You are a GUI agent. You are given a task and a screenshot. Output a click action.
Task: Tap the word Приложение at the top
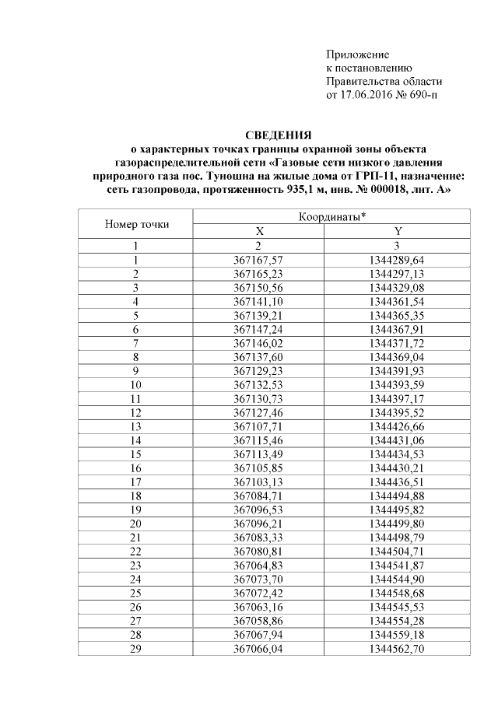click(x=357, y=55)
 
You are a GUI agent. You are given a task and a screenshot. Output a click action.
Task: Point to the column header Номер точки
click(x=136, y=225)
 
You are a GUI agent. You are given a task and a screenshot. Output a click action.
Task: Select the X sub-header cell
click(x=259, y=232)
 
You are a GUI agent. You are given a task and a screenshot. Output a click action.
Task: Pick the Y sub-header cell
click(x=398, y=232)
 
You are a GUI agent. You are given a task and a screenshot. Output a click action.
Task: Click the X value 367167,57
click(x=259, y=260)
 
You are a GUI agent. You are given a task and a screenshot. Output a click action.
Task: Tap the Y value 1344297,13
click(x=398, y=273)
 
